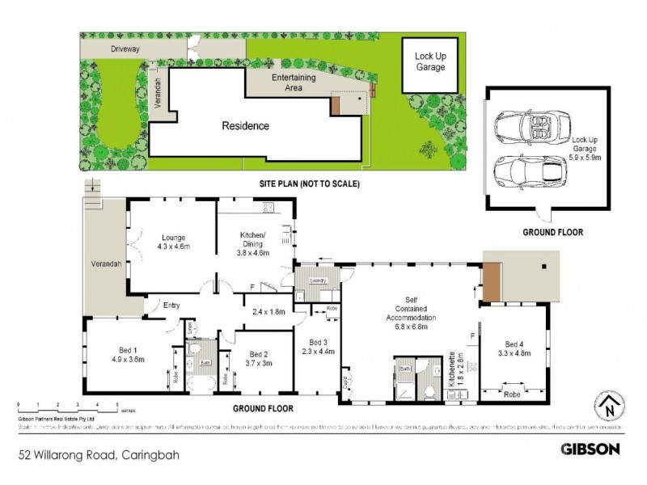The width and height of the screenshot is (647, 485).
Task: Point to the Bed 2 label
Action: coord(258,359)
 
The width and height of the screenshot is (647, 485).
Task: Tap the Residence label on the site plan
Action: coord(246,126)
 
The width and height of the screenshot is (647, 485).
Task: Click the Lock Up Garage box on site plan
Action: coord(430,61)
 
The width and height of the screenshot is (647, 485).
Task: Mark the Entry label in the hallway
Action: coord(171,305)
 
